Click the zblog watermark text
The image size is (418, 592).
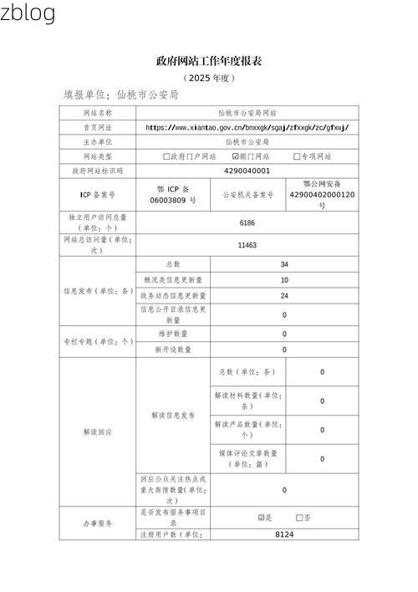pyautogui.click(x=28, y=13)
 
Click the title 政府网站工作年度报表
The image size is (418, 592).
pyautogui.click(x=209, y=61)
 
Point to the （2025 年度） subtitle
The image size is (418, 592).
pyautogui.click(x=209, y=78)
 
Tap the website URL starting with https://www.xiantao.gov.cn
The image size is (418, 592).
pyautogui.click(x=247, y=127)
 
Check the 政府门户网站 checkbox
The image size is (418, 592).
pyautogui.click(x=166, y=156)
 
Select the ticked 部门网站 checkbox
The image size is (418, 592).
pyautogui.click(x=235, y=156)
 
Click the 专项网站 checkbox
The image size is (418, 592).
pyautogui.click(x=297, y=156)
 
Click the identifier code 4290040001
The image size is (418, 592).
pyautogui.click(x=247, y=171)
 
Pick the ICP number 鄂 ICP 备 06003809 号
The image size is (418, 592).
pyautogui.click(x=173, y=195)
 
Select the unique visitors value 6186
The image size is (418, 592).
pyautogui.click(x=247, y=223)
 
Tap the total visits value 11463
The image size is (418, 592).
pyautogui.click(x=247, y=245)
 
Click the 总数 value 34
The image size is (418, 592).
pyautogui.click(x=284, y=264)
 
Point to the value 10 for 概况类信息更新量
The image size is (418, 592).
pyautogui.click(x=284, y=280)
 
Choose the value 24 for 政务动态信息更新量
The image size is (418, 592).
pyautogui.click(x=284, y=296)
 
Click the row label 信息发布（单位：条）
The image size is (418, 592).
pyautogui.click(x=97, y=292)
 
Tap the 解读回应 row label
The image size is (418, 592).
pyautogui.click(x=97, y=431)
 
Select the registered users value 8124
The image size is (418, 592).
pyautogui.click(x=284, y=533)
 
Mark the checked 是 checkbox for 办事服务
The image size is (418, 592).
pyautogui.click(x=262, y=518)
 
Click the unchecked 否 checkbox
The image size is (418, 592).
pyautogui.click(x=299, y=518)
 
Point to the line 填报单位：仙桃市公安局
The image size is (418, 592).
pyautogui.click(x=121, y=95)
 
